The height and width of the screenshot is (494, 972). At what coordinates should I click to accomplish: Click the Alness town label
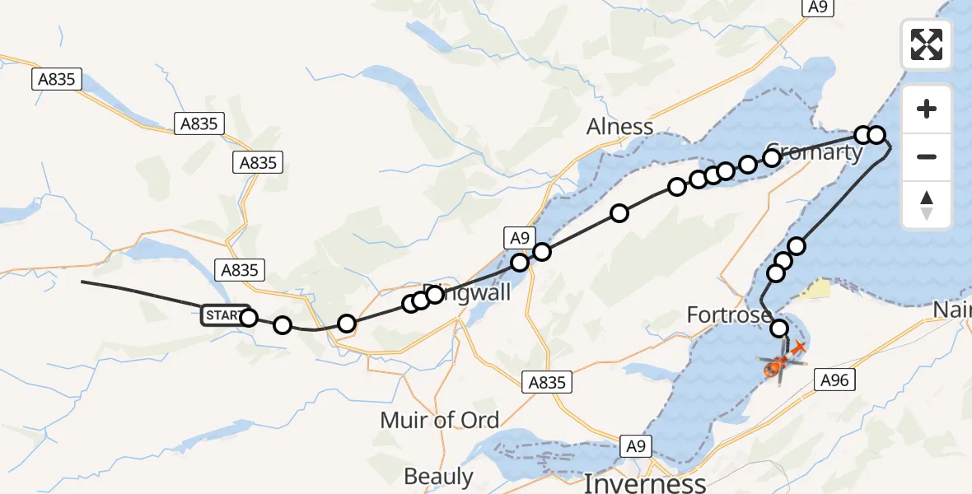coord(619,127)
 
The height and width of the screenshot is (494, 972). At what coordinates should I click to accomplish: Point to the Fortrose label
coord(729,315)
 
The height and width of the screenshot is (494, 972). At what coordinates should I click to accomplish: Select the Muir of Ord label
coord(439,420)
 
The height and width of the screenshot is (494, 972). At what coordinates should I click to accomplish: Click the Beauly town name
coord(438,476)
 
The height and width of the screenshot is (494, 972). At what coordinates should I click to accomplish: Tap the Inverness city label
coord(644,482)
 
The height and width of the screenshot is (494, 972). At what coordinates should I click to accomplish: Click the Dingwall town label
coord(466,292)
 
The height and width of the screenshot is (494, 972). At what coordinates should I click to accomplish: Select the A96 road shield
coord(834,380)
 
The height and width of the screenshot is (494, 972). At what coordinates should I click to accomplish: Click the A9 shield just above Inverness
coord(635,446)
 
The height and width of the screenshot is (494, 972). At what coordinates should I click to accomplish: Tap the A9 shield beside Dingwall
coord(518,239)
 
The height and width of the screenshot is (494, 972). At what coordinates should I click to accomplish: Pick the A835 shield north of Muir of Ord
coord(545,382)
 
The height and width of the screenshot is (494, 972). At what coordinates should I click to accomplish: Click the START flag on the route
coord(223,315)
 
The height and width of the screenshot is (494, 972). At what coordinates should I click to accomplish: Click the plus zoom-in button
coord(927,110)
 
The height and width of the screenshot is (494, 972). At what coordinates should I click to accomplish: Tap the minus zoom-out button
coord(927,156)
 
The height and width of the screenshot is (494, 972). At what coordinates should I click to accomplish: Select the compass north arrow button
coord(927,204)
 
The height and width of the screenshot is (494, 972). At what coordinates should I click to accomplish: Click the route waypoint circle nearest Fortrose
coord(779,329)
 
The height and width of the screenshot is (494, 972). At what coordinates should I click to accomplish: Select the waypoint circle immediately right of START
coord(248,318)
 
